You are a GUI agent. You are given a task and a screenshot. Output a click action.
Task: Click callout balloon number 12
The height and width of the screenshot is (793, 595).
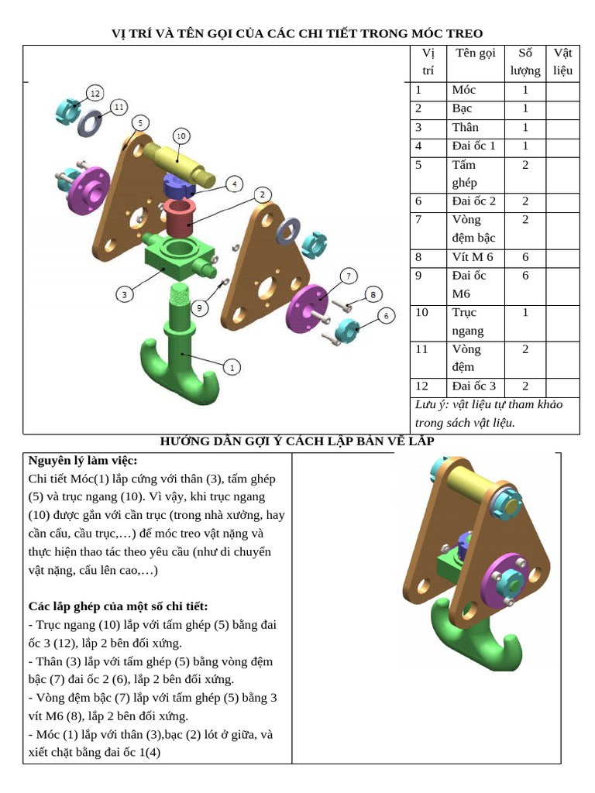click(x=95, y=93)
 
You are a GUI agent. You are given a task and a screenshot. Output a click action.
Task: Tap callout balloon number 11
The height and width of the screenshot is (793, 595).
click(x=118, y=107)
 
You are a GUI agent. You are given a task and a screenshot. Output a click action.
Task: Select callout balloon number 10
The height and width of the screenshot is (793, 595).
click(x=181, y=136)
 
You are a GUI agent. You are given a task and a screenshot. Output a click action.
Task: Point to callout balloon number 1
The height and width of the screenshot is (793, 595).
click(x=232, y=368)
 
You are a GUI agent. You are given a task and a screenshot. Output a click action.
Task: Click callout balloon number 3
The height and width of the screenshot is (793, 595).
click(x=124, y=294)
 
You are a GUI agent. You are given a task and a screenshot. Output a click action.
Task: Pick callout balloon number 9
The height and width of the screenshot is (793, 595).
click(x=199, y=308)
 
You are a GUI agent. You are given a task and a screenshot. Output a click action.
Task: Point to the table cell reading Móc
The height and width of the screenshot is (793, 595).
click(x=463, y=90)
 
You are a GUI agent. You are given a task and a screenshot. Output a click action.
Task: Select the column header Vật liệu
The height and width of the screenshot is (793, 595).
click(x=562, y=62)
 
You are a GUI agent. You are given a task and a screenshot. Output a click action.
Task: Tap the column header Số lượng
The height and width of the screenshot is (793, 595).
click(x=525, y=62)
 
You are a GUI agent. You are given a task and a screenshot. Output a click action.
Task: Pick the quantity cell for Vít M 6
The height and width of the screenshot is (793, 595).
click(x=525, y=257)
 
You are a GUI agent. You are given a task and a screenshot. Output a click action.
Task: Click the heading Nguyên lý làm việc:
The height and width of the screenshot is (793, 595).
click(x=83, y=460)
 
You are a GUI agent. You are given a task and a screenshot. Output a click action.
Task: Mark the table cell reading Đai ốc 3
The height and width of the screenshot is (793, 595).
click(x=473, y=386)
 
